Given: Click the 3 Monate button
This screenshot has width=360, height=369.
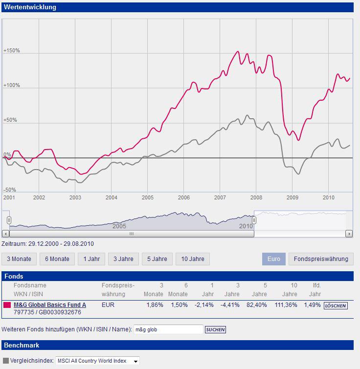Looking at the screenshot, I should pos(19,259).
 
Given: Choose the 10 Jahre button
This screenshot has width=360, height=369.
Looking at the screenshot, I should pos(193,259).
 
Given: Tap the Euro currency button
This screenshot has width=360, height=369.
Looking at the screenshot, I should pos(274,259).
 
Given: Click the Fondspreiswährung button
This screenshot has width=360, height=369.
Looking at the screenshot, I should pos(321,259).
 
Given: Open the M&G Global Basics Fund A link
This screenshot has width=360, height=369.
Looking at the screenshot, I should pos(50,305).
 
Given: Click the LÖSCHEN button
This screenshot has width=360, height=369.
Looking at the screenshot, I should pos(336,305).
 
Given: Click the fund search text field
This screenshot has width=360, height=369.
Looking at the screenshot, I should pos(168,329).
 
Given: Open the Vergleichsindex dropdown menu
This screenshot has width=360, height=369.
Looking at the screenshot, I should pos(98,361).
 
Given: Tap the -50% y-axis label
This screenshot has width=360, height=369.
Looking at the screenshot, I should pos(10,190).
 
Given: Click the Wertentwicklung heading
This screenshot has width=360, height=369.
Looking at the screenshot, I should pos(30,7).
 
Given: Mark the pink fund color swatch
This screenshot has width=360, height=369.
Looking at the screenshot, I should pos(7,305).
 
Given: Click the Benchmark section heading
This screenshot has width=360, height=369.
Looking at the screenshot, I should pos(22,346).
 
